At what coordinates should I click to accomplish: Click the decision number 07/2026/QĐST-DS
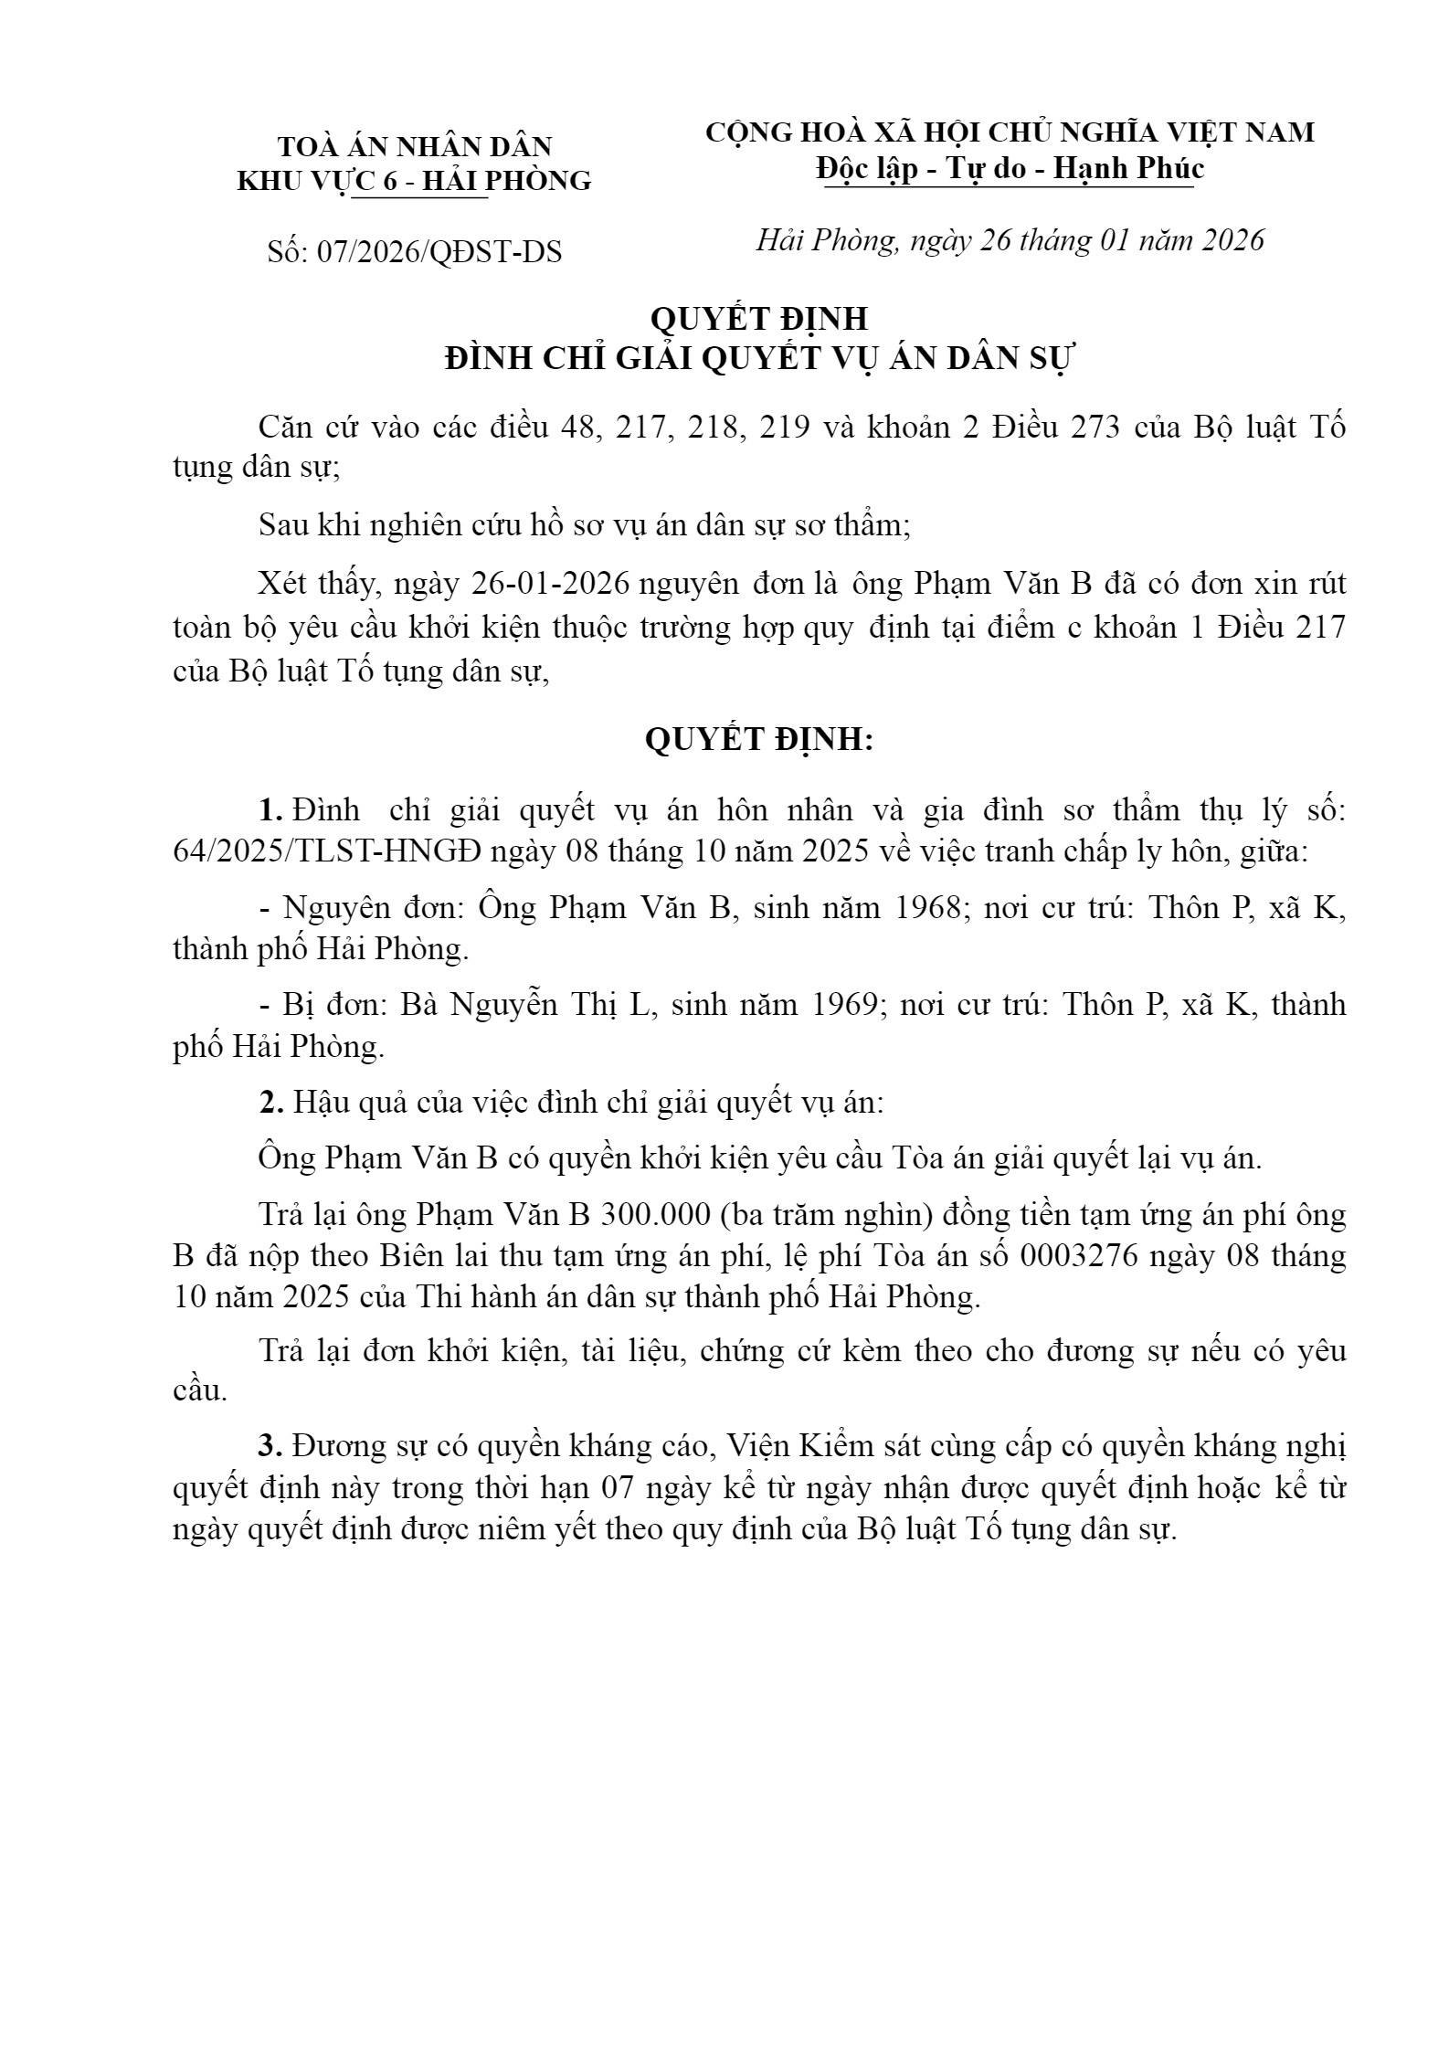439,252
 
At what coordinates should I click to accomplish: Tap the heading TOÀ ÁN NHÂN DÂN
415,146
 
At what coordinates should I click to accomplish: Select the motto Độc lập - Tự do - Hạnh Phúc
1010,168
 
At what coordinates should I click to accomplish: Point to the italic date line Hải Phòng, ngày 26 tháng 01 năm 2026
1010,240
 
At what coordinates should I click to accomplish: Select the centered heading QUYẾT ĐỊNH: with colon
759,740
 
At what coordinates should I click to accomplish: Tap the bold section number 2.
270,1103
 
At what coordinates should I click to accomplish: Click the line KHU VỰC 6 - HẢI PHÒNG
415,181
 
